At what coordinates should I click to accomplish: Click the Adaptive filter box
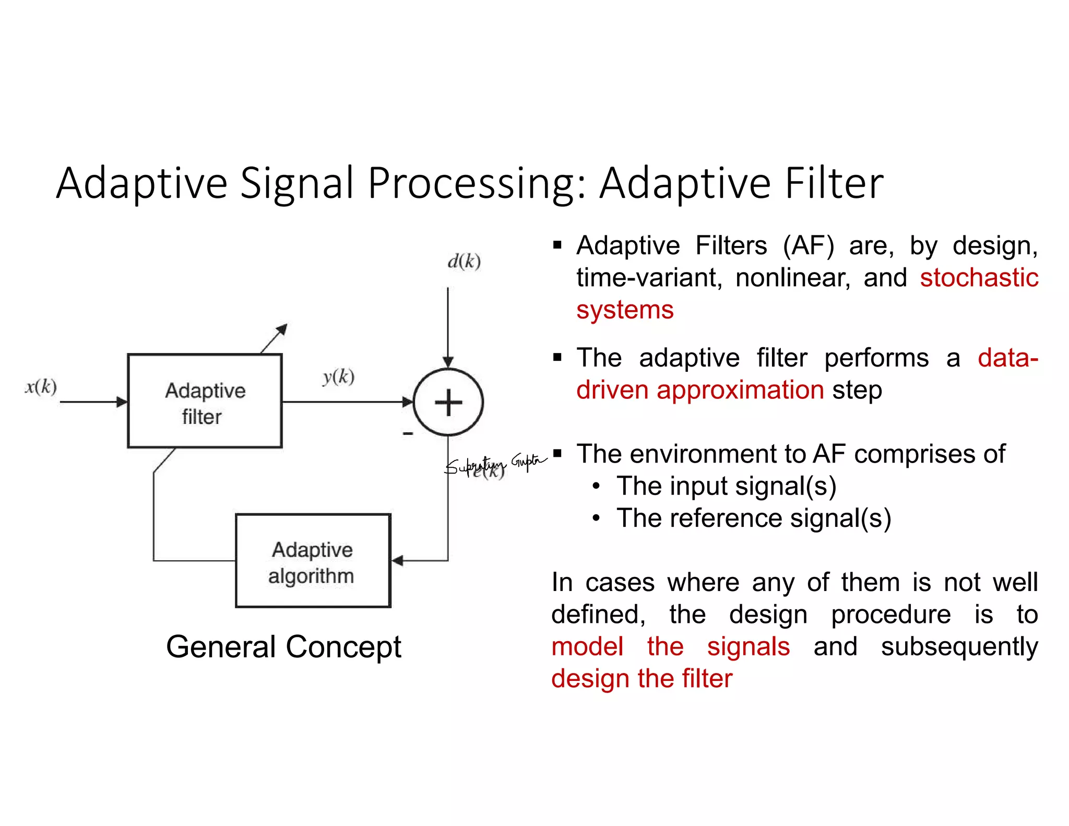click(205, 401)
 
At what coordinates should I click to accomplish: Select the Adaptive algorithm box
click(313, 561)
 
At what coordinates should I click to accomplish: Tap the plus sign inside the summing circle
click(448, 403)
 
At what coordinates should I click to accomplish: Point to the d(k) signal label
click(464, 261)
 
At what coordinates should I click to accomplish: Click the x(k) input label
click(41, 386)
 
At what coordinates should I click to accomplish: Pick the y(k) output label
click(339, 376)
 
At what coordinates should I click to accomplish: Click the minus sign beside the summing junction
click(408, 433)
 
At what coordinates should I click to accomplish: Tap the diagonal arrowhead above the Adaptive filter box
click(282, 329)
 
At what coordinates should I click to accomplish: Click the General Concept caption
click(283, 647)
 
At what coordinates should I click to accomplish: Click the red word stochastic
click(979, 277)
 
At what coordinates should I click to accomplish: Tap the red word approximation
click(740, 390)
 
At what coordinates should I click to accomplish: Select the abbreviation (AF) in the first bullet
click(808, 245)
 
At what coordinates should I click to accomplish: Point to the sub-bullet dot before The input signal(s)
click(597, 487)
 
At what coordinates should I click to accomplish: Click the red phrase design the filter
click(642, 679)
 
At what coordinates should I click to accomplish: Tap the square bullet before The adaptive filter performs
click(557, 358)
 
